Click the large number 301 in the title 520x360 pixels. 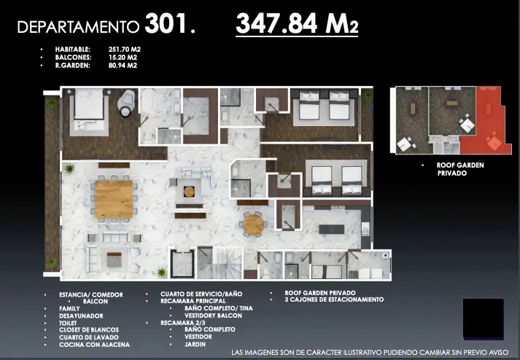coord(166,23)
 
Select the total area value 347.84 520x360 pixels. coord(276,23)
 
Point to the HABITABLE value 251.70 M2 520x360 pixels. coord(125,50)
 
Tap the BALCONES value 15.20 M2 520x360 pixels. coord(123,58)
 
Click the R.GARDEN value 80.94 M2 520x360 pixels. coord(123,66)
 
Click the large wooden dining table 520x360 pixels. coord(114,199)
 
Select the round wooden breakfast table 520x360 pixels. coord(253,224)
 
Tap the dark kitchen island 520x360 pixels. coord(332,230)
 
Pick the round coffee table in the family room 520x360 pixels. coord(189,191)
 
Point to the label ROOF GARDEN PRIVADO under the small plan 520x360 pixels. coord(460,169)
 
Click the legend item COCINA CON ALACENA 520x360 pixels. coord(94,345)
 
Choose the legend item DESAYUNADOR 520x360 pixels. coord(81,316)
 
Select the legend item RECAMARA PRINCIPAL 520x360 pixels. coord(193,301)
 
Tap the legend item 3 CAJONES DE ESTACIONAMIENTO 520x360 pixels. coord(334,300)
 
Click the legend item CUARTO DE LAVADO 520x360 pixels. coord(88,337)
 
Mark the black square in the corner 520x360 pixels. coord(484,318)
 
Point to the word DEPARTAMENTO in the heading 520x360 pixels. coord(78,27)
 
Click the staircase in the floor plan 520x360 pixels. coord(220,263)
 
